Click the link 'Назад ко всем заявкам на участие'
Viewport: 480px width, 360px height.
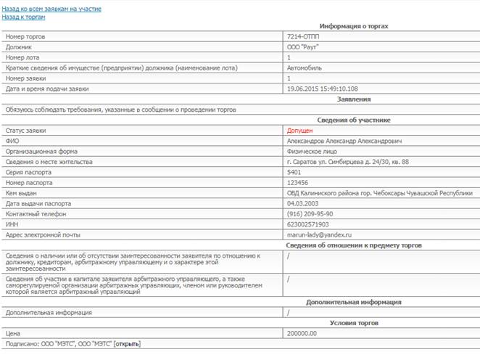(51, 9)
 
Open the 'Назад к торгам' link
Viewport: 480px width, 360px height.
(23, 17)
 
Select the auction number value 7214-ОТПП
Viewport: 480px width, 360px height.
(304, 36)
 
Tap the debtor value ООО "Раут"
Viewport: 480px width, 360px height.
(304, 46)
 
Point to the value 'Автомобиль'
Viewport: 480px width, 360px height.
(307, 67)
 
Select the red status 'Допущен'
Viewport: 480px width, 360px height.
(300, 131)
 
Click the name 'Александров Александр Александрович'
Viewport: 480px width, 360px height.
(344, 141)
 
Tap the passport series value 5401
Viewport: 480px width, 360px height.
(294, 173)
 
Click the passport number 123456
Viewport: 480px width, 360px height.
(298, 183)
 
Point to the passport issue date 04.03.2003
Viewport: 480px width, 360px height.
(304, 204)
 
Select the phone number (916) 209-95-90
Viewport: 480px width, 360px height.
(310, 214)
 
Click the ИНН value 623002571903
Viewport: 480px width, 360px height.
(307, 225)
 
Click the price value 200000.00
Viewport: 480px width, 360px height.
(302, 332)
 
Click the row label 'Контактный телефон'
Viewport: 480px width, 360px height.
(36, 214)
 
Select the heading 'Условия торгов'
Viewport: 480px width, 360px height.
(355, 322)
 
